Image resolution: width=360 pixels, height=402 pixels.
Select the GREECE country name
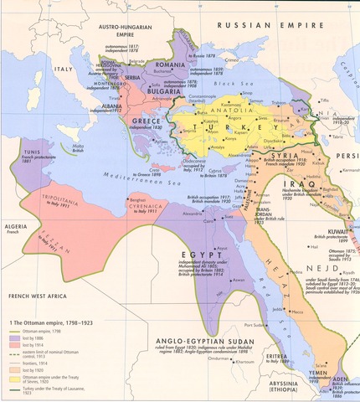[145, 122]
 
